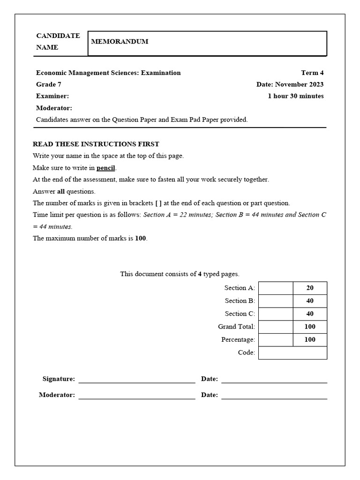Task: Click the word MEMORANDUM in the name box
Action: click(x=120, y=41)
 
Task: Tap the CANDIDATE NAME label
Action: click(x=58, y=41)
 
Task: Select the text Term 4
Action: click(x=312, y=73)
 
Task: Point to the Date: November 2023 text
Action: click(x=290, y=84)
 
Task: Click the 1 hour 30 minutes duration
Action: click(x=295, y=96)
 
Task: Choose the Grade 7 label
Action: click(x=49, y=84)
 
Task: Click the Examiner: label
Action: click(x=52, y=96)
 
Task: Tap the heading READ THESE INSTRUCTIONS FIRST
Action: click(x=96, y=144)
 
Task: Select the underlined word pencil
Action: click(x=106, y=168)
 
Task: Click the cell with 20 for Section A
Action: click(x=310, y=288)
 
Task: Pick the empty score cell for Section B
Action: click(x=276, y=301)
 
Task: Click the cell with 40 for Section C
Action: click(x=310, y=314)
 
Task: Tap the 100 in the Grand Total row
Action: click(x=310, y=327)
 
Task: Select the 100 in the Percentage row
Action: click(x=310, y=339)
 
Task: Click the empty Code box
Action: click(x=292, y=352)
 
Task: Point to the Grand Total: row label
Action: click(x=236, y=327)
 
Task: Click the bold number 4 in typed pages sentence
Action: click(x=200, y=274)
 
